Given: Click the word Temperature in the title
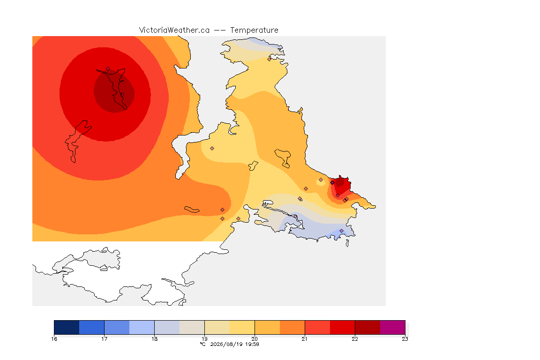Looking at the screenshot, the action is click(254, 30).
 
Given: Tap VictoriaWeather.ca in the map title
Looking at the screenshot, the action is click(174, 30).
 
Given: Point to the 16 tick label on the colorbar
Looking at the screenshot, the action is click(54, 339).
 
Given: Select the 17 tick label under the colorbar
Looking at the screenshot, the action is click(105, 339).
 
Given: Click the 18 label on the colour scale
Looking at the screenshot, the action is click(154, 339).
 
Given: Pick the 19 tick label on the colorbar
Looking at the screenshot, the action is click(204, 339).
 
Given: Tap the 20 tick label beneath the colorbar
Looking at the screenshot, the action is click(255, 339).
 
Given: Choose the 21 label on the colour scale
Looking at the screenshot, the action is click(304, 339).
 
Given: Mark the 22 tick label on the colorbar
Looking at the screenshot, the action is click(355, 339).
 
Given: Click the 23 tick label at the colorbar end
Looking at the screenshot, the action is click(405, 339).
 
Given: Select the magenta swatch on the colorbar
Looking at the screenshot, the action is click(393, 327).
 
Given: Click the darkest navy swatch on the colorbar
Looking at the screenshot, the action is click(67, 327).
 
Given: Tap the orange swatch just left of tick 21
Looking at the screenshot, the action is click(292, 327).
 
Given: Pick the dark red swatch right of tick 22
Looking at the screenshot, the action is click(367, 327).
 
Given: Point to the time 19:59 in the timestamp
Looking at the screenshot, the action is click(252, 345).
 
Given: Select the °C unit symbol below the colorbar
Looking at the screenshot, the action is click(202, 345).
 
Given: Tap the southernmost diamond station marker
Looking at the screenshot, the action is click(342, 231).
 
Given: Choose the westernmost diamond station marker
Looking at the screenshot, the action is click(108, 69).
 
